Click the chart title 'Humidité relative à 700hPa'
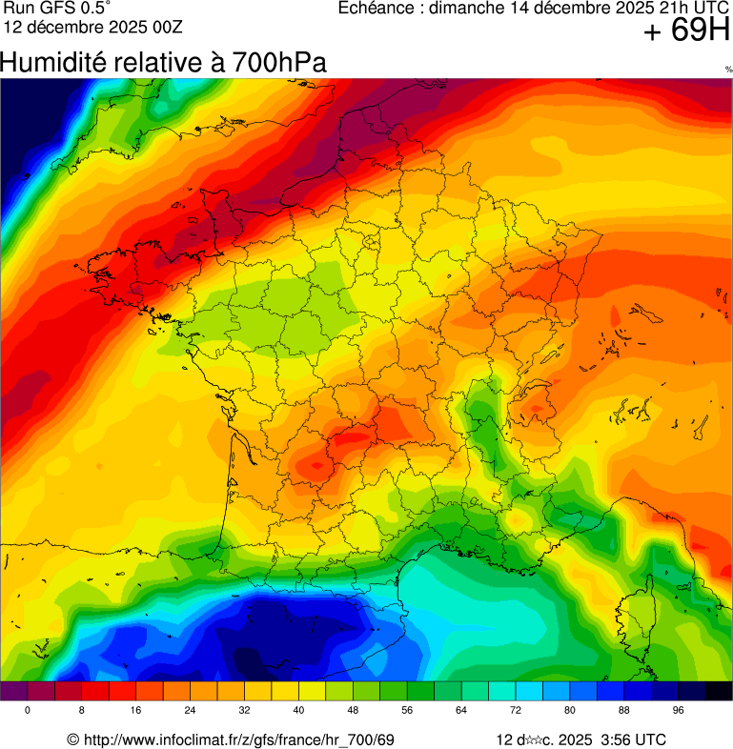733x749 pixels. pyautogui.click(x=163, y=63)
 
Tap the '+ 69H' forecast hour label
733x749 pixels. pyautogui.click(x=686, y=31)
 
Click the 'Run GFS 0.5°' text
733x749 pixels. pyautogui.click(x=58, y=9)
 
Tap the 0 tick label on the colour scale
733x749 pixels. pyautogui.click(x=27, y=711)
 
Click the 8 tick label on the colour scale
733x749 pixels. pyautogui.click(x=82, y=711)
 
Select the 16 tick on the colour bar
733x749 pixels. pyautogui.click(x=136, y=711)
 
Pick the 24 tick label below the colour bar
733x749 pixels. pyautogui.click(x=191, y=711)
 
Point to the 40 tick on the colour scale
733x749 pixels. pyautogui.click(x=299, y=711)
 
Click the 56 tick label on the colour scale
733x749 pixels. pyautogui.click(x=408, y=711)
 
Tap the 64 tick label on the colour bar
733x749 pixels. pyautogui.click(x=462, y=711)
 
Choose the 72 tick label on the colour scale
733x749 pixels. pyautogui.click(x=517, y=711)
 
